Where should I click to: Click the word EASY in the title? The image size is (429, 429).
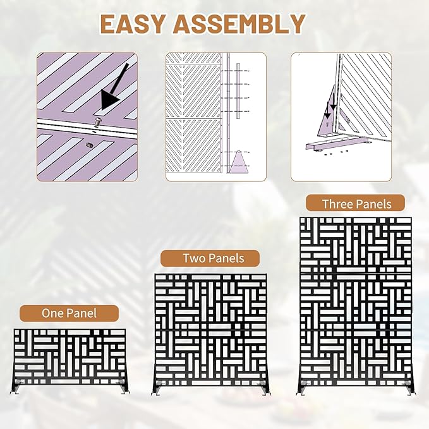132,24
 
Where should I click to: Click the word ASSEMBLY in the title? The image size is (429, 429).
239,24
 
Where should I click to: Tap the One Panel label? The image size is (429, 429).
69,313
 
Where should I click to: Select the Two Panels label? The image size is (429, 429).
210,258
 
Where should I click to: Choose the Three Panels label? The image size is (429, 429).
355,204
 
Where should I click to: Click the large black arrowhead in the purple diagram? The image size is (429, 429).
110,100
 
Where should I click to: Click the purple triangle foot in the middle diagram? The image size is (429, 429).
239,162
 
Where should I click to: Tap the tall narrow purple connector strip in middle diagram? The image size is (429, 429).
238,91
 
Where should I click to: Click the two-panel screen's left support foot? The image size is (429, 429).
157,389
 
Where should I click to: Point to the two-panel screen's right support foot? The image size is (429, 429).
263,389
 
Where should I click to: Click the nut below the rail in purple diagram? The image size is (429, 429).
89,145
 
